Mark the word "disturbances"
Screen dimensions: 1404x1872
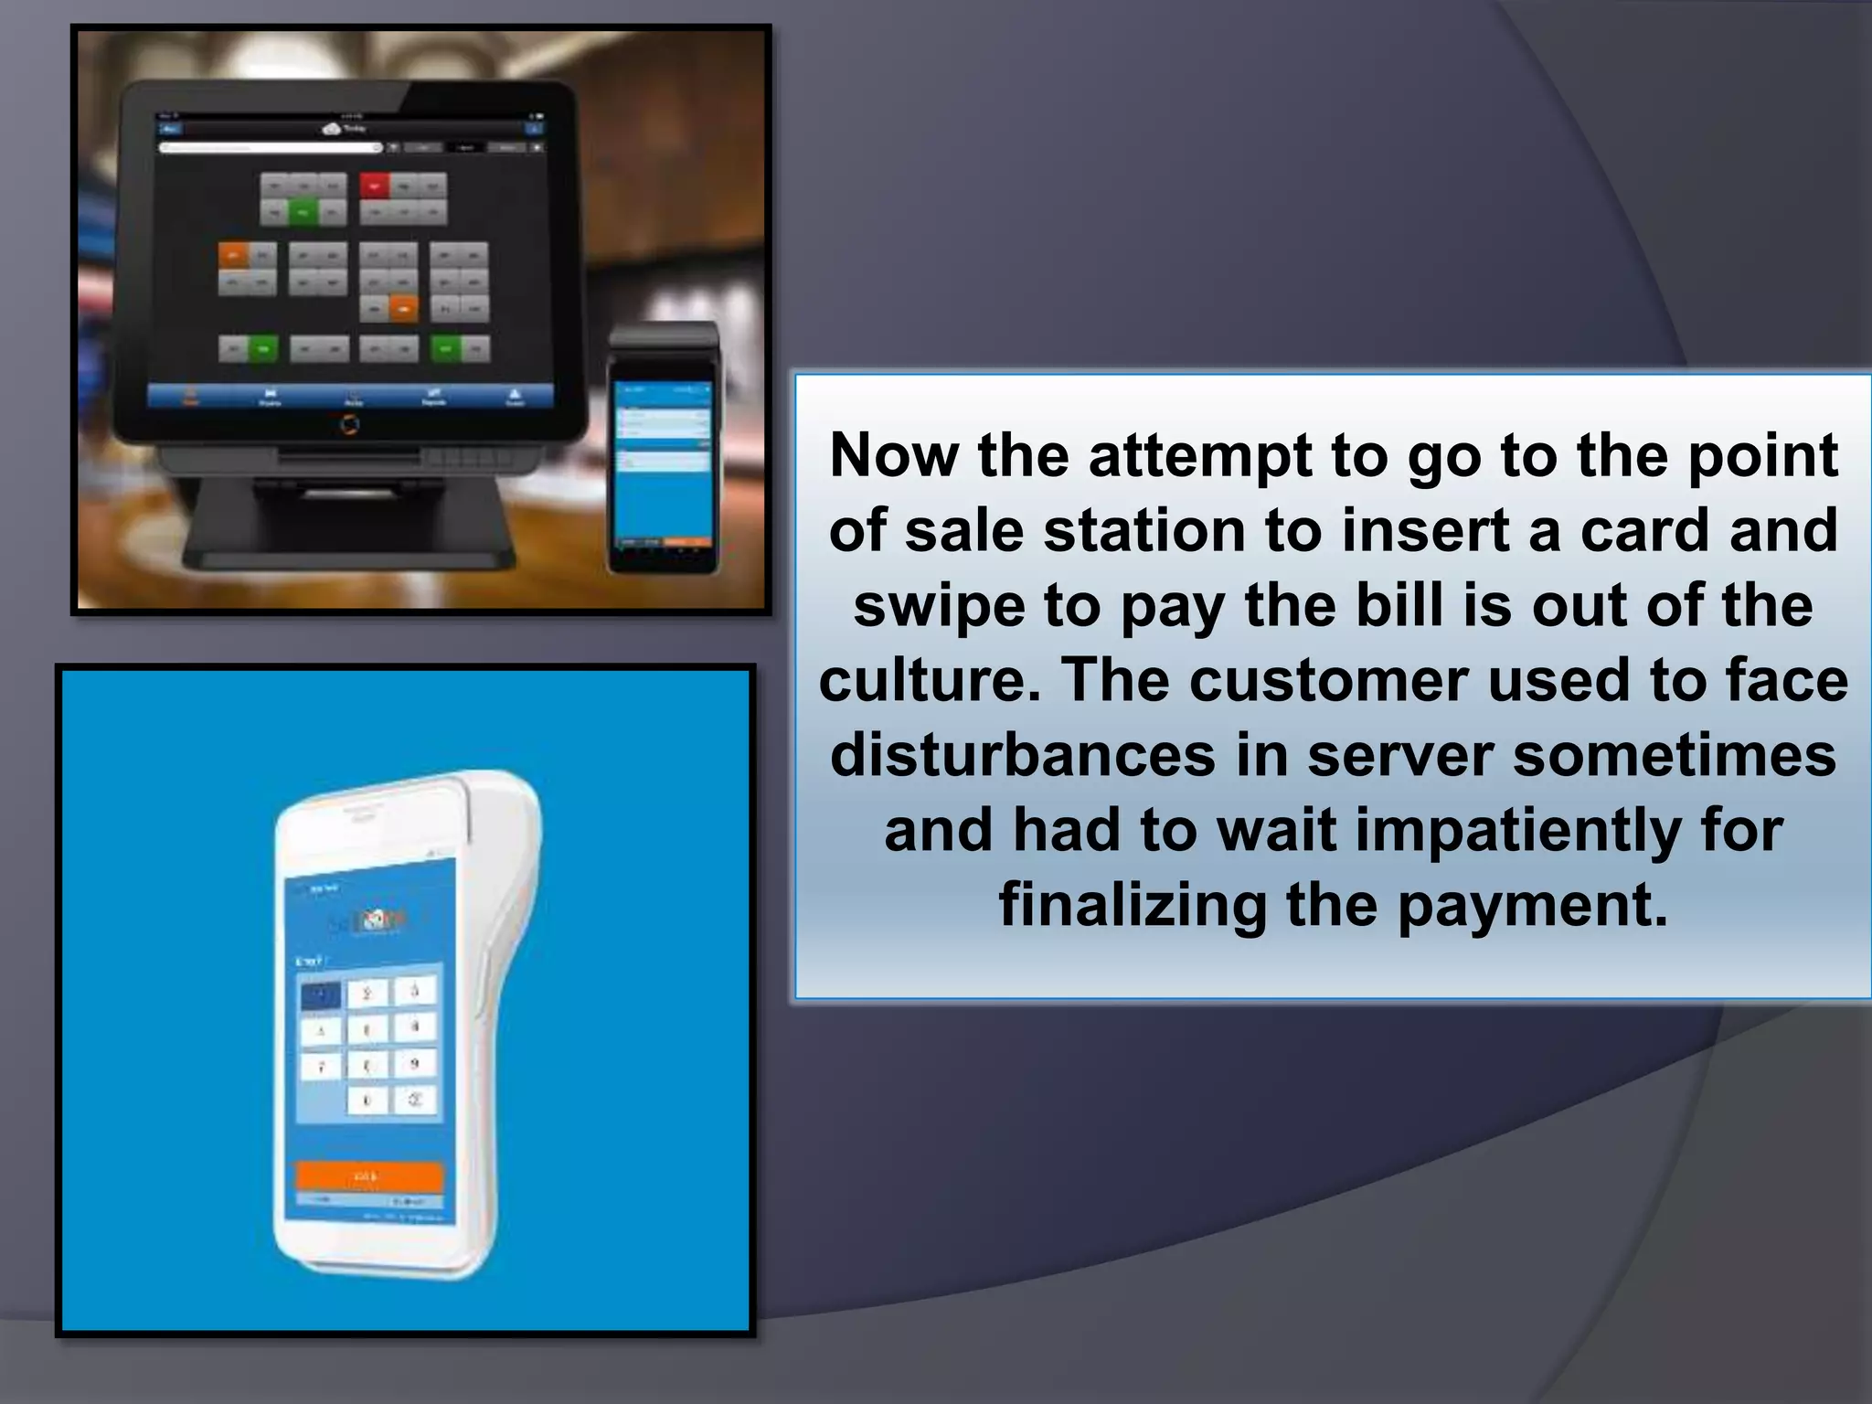[x=1023, y=756]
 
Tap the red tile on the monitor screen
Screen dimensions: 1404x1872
[x=374, y=186]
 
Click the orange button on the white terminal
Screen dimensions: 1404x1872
[x=369, y=1175]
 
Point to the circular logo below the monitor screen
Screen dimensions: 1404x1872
[x=349, y=424]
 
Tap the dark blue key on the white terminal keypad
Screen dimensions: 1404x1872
[x=321, y=995]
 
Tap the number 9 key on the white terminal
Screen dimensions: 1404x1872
[x=415, y=1064]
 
